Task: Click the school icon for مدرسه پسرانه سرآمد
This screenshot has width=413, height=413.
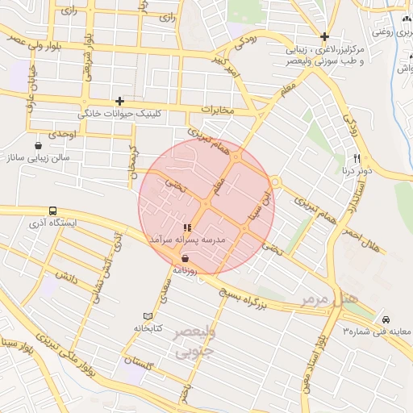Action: (187, 228)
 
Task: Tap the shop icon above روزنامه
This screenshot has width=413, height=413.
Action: (187, 259)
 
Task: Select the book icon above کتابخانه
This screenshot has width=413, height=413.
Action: (147, 316)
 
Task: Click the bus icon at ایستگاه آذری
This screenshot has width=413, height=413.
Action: (52, 208)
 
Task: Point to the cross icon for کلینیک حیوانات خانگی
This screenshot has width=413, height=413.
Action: (120, 101)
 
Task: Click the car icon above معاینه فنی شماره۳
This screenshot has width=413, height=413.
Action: (386, 319)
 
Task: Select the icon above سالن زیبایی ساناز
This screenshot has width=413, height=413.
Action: (39, 145)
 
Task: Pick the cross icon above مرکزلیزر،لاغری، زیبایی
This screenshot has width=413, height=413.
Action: (324, 36)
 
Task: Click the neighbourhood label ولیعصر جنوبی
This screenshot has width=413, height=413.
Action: (193, 340)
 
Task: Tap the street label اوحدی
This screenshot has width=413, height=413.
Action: (62, 132)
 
